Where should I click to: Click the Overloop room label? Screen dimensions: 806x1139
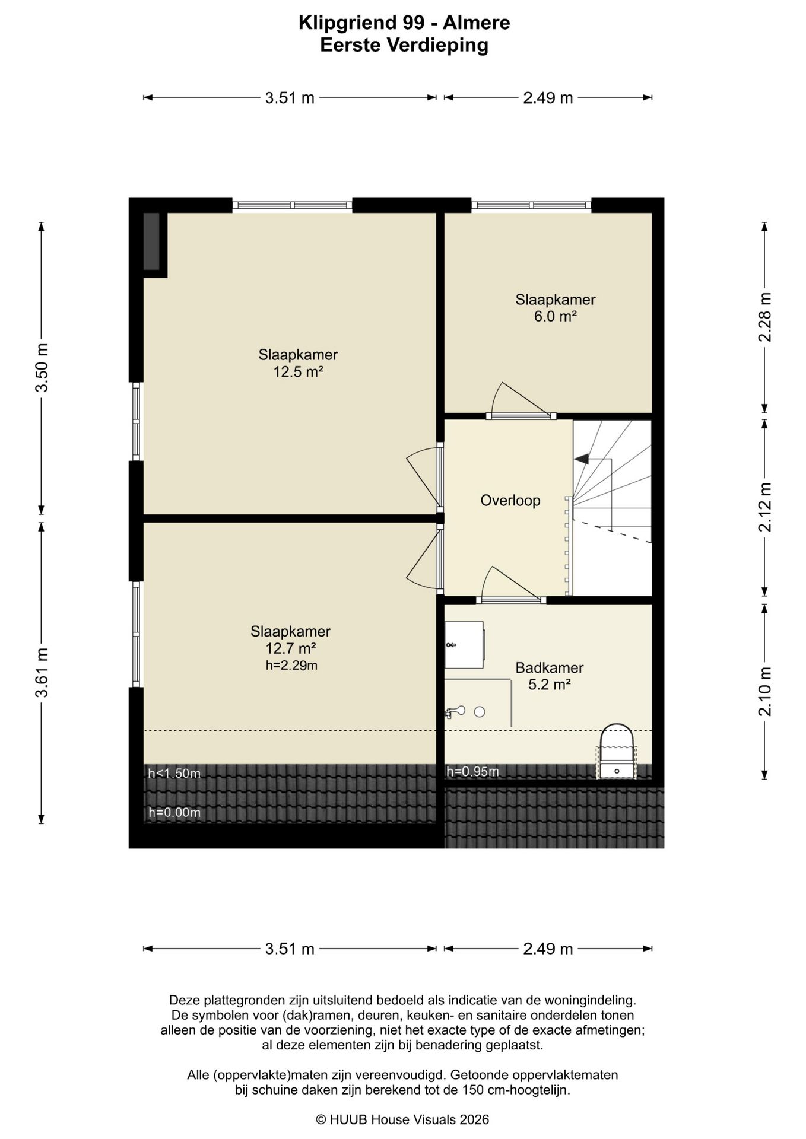510,500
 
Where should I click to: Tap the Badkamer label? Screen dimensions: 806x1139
549,667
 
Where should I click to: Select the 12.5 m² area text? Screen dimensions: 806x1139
298,372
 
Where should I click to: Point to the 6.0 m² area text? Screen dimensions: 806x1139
556,316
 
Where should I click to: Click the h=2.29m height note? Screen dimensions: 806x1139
291,665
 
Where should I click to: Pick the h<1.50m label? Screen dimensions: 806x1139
174,773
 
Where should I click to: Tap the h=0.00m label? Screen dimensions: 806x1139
174,812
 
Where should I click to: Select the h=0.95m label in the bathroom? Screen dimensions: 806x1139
472,771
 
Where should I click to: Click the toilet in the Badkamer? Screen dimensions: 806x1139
617,751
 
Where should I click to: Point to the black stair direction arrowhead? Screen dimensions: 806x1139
581,459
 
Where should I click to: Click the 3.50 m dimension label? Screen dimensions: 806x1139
42,367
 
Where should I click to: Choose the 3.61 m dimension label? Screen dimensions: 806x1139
42,673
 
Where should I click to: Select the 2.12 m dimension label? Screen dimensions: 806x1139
765,507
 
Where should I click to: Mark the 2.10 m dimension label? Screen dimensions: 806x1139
765,691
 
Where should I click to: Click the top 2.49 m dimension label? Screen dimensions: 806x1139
548,98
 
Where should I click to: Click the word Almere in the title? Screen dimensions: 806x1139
477,23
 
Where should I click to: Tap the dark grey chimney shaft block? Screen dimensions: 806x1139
151,240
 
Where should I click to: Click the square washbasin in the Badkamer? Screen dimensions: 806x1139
464,644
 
